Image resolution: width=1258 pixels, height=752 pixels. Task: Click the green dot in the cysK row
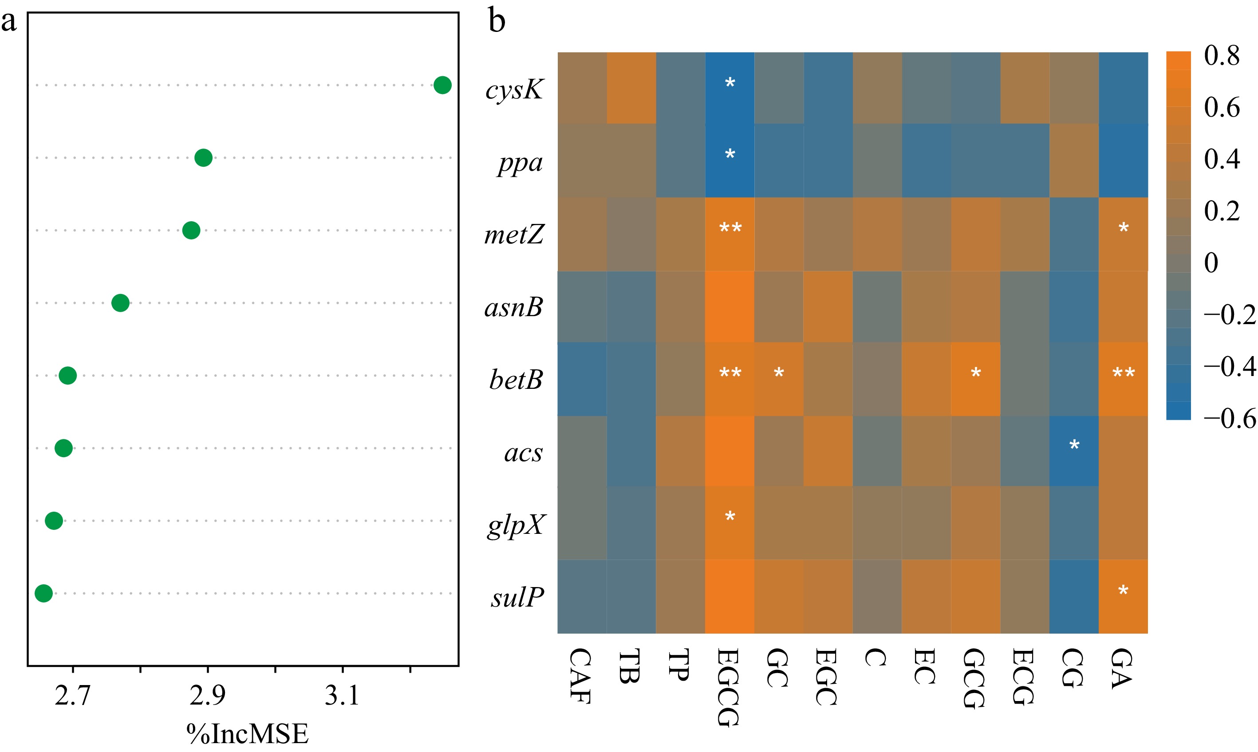click(x=442, y=85)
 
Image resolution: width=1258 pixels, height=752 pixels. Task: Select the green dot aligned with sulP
click(x=43, y=593)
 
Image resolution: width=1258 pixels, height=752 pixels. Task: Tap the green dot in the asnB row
click(x=120, y=303)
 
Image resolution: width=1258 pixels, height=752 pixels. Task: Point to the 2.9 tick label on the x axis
click(x=207, y=695)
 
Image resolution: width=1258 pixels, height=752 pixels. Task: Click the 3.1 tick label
click(x=342, y=695)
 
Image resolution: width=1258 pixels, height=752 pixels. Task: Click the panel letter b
click(x=497, y=21)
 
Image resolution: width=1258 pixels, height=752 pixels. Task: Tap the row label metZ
click(x=514, y=235)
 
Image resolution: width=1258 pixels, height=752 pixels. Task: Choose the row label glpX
click(x=516, y=525)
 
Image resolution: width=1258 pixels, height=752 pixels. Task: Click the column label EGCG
click(x=728, y=687)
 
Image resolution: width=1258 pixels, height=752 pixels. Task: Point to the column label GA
click(x=1122, y=669)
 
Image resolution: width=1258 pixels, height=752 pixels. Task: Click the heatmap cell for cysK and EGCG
click(x=729, y=88)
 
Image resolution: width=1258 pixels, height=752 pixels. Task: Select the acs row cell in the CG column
click(x=1073, y=451)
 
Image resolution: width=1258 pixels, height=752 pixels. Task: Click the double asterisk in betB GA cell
click(x=1123, y=374)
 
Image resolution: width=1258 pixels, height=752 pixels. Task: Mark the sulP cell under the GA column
click(x=1123, y=596)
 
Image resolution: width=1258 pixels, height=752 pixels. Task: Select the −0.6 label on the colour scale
click(x=1229, y=419)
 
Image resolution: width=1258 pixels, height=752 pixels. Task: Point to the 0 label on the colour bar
click(x=1211, y=263)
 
